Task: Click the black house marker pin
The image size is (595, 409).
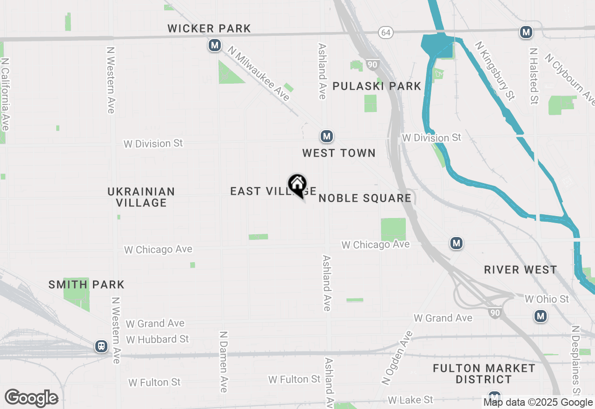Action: (x=297, y=185)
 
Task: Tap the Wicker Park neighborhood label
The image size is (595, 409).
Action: (x=209, y=29)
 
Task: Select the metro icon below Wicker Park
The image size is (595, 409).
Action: (x=214, y=46)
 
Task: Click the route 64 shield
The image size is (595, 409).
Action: (x=385, y=32)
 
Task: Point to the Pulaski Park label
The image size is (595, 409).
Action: (x=377, y=86)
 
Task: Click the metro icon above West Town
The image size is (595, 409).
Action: (x=327, y=136)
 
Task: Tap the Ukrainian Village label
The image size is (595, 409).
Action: (x=141, y=197)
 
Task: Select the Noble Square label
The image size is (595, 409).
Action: (x=365, y=198)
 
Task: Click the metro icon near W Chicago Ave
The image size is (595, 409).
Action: (x=456, y=243)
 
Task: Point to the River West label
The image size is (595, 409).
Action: (x=520, y=270)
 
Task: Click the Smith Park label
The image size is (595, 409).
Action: (x=86, y=284)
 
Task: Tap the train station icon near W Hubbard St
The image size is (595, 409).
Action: (x=101, y=346)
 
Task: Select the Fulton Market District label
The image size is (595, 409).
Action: (x=484, y=374)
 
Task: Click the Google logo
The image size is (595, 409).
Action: (x=32, y=398)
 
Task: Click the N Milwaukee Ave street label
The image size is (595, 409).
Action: (x=259, y=73)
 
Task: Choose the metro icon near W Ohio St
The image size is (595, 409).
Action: (x=540, y=317)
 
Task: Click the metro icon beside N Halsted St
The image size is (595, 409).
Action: (x=526, y=32)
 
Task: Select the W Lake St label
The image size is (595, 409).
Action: (x=410, y=400)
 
